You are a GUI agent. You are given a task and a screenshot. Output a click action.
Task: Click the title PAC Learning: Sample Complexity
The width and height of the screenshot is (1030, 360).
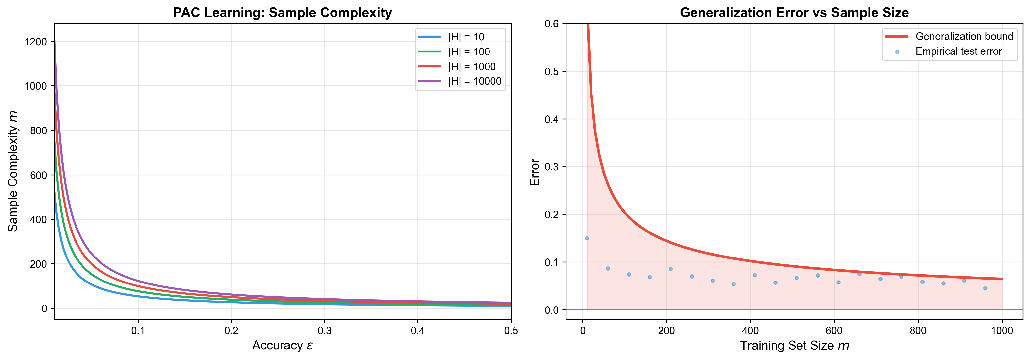pos(282,13)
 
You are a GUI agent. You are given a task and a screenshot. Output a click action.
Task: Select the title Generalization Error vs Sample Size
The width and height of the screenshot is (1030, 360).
pos(794,13)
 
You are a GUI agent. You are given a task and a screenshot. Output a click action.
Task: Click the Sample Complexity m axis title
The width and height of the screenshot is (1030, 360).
pos(13,171)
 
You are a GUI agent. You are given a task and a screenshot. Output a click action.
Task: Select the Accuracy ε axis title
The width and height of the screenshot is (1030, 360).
pos(282,346)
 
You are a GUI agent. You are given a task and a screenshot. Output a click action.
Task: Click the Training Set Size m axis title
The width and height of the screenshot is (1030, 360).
pos(794,346)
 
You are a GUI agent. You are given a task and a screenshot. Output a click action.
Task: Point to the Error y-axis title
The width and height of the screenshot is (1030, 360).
pos(535,172)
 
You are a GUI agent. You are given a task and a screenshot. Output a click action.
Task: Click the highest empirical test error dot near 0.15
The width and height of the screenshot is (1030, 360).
pos(587,238)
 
